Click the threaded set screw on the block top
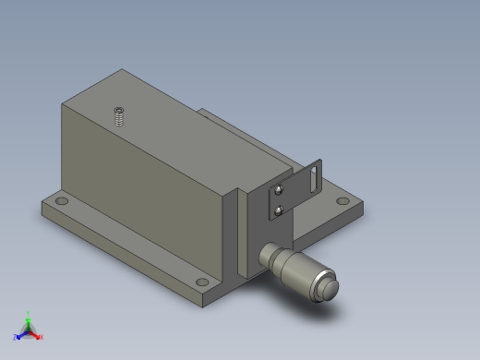[x=119, y=116]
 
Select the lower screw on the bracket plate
[x=280, y=211]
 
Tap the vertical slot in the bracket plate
[x=316, y=176]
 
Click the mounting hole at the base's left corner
[x=61, y=200]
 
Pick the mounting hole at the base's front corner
[x=202, y=282]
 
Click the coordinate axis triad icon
[x=28, y=329]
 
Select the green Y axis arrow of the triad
[x=28, y=317]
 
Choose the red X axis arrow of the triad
[x=39, y=336]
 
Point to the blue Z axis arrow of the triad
[x=18, y=337]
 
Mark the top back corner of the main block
[x=122, y=69]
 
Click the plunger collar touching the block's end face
[x=266, y=254]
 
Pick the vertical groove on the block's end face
[x=242, y=231]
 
